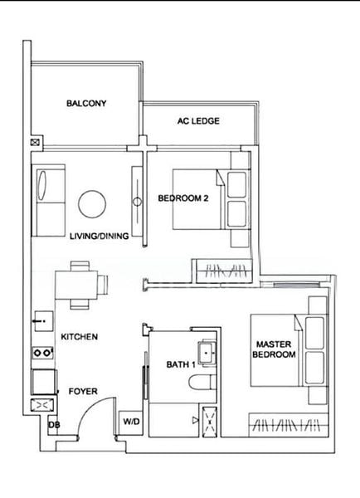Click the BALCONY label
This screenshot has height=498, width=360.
click(x=86, y=104)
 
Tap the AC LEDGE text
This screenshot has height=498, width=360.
click(x=198, y=121)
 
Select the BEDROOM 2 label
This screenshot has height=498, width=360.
click(x=182, y=198)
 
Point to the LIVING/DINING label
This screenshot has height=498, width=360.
click(x=100, y=236)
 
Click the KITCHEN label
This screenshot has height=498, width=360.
click(x=80, y=337)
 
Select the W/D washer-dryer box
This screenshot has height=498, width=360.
click(x=131, y=422)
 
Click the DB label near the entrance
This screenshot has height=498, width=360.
click(x=53, y=425)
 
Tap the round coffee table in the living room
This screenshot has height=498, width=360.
click(x=91, y=203)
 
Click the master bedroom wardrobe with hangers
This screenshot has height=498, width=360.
click(x=287, y=424)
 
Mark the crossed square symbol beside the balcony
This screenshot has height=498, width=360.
click(x=34, y=142)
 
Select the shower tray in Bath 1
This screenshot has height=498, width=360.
click(x=207, y=421)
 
